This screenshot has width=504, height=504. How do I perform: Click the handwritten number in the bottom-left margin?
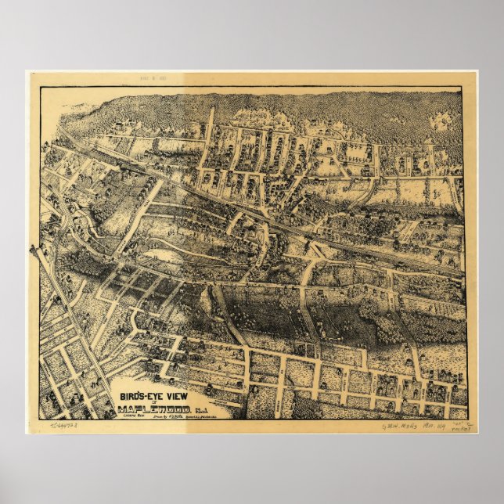67,427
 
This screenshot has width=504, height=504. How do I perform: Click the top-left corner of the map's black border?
41,88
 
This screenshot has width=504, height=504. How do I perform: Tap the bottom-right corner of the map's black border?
468,419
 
